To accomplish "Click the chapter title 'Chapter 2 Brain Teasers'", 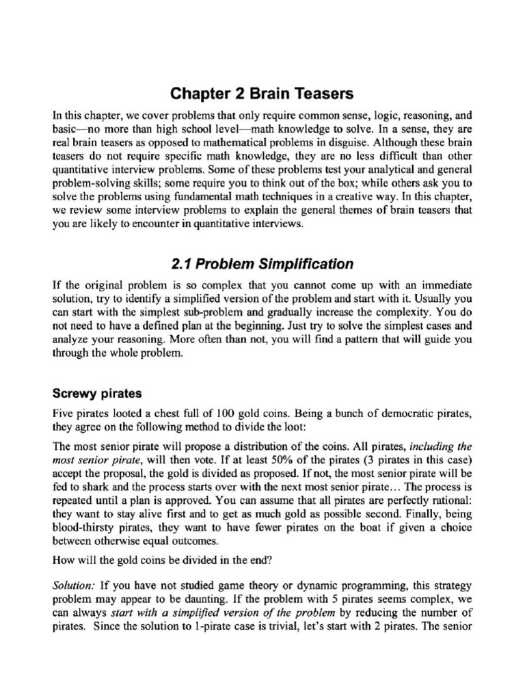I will click(262, 93).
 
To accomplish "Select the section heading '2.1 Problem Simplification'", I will click(262, 263).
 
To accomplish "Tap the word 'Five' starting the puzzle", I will click(64, 414).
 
